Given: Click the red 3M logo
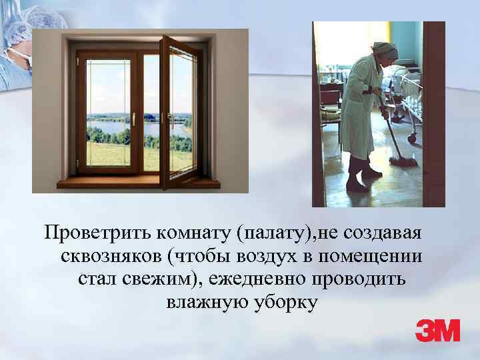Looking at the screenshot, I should tap(437, 330).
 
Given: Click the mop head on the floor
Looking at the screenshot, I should tap(404, 161).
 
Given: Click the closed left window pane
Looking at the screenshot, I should tap(109, 110).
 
